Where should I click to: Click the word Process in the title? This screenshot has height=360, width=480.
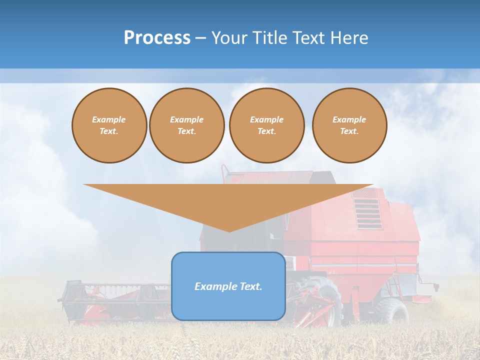pos(157,38)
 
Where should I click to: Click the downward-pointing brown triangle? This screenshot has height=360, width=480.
pos(228,200)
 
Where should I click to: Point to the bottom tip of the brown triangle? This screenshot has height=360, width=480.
pos(228,231)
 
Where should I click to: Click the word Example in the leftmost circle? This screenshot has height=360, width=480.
pos(109,119)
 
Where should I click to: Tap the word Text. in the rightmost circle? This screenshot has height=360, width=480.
pos(349,131)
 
